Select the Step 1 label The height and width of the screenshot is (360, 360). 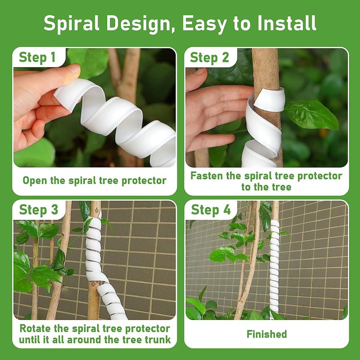[x=37, y=58]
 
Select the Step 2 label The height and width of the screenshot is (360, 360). [x=210, y=58]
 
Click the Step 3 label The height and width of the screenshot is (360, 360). [x=39, y=210]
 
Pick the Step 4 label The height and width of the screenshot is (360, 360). [x=211, y=210]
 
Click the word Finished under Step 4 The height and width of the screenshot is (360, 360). [x=266, y=334]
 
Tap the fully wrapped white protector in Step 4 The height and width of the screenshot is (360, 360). [x=274, y=270]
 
